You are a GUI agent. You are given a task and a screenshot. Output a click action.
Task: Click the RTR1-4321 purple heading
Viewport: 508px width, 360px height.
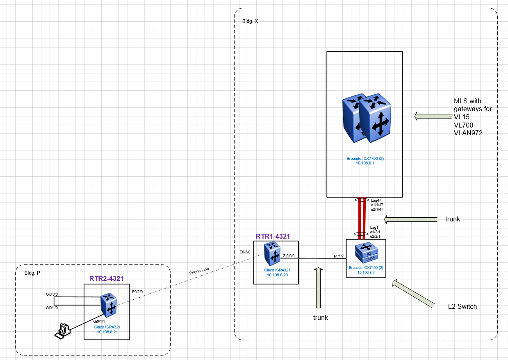coord(273,236)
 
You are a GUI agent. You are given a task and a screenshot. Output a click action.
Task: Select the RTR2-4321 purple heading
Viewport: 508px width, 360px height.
coord(106,278)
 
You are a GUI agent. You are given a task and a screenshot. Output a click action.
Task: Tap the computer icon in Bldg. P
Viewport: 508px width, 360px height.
coord(62,330)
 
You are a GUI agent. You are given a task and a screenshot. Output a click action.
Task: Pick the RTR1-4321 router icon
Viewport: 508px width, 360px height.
coord(272,253)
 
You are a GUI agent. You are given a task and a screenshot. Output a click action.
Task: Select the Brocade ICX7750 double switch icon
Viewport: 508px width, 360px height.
coord(366,118)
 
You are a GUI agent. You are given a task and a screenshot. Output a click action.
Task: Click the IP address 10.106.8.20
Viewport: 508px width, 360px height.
coord(276,275)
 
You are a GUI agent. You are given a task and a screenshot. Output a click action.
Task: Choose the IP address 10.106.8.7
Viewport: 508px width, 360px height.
coord(366,272)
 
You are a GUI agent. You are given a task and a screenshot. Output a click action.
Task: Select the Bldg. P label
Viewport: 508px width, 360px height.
coord(32,273)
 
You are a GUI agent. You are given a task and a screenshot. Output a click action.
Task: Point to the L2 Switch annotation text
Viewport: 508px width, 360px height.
coord(462,306)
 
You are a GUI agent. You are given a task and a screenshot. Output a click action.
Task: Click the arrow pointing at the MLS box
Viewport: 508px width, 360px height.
coord(433,116)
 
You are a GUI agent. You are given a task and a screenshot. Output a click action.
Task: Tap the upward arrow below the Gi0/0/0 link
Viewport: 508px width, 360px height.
coord(318,287)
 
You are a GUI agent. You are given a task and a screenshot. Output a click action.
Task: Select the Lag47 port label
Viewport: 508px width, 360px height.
coord(376,201)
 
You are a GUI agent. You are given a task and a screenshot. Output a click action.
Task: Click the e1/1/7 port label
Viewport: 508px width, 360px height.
coord(338,256)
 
